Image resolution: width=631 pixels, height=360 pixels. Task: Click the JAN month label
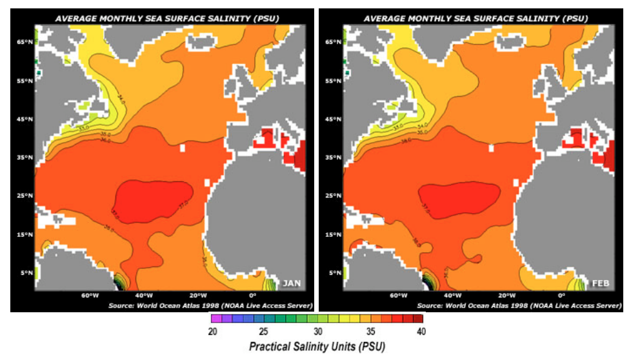click(291, 283)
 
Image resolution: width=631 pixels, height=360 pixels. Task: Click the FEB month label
click(599, 283)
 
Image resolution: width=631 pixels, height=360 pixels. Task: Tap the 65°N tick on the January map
click(25, 42)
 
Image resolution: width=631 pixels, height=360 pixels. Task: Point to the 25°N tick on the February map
click(333, 196)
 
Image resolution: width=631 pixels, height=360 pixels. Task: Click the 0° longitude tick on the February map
click(561, 295)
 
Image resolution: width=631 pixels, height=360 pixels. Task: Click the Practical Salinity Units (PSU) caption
click(316, 347)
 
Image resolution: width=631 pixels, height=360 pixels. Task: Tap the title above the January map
click(166, 18)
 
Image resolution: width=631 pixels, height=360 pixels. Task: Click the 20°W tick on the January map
click(197, 295)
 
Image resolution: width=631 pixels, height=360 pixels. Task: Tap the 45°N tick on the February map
click(333, 119)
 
